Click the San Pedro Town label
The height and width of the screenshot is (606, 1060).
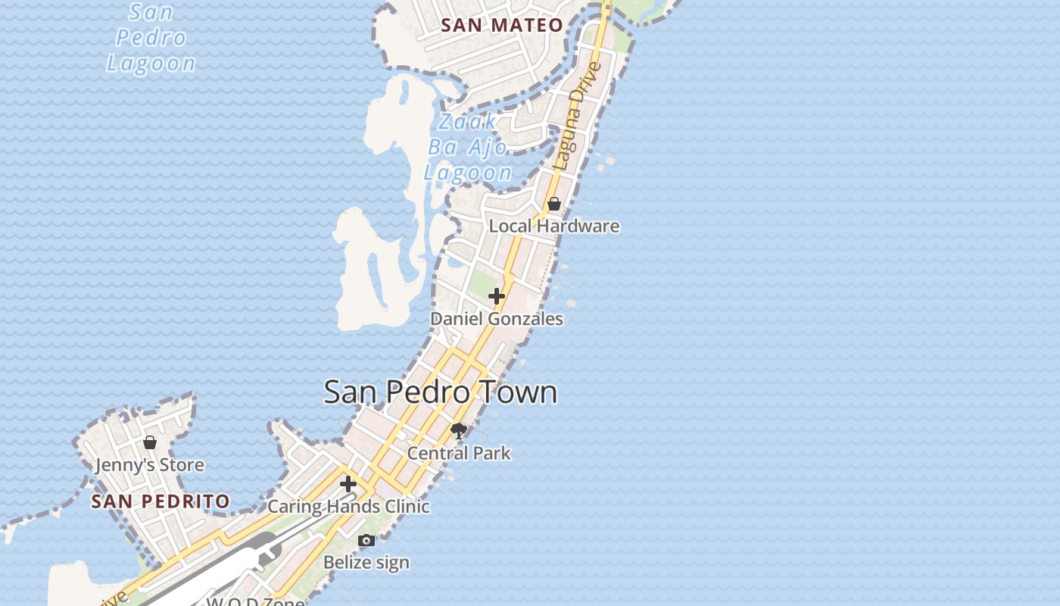pyautogui.click(x=441, y=392)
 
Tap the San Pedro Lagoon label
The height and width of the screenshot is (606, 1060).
pyautogui.click(x=151, y=38)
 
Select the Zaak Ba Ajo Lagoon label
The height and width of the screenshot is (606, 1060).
pyautogui.click(x=468, y=147)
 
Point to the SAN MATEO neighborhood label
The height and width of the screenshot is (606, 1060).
pyautogui.click(x=502, y=25)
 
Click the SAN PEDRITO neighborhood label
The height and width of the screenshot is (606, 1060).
pyautogui.click(x=161, y=501)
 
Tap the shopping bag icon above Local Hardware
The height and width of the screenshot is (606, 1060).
pyautogui.click(x=554, y=204)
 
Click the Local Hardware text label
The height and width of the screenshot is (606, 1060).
pyautogui.click(x=554, y=226)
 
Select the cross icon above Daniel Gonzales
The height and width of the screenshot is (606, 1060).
pyautogui.click(x=497, y=296)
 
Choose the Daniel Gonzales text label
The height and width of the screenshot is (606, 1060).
pyautogui.click(x=497, y=319)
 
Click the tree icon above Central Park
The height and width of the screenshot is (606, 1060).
pyautogui.click(x=459, y=431)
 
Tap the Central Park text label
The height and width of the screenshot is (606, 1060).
pyautogui.click(x=459, y=453)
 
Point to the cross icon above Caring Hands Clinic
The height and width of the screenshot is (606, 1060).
pyautogui.click(x=348, y=484)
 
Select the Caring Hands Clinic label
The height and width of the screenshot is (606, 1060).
pyautogui.click(x=349, y=506)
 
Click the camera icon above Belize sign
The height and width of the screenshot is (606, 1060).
pyautogui.click(x=366, y=540)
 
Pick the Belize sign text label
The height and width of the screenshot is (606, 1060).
pyautogui.click(x=366, y=562)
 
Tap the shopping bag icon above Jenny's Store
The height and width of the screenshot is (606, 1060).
pyautogui.click(x=150, y=442)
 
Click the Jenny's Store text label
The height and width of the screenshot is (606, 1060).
pyautogui.click(x=150, y=464)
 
